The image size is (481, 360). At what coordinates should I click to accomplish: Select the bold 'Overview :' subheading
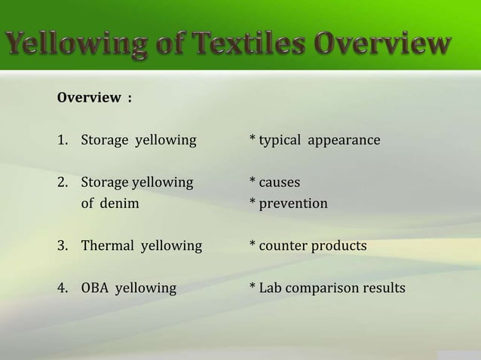pos(94,99)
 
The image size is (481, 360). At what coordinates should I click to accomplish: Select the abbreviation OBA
pos(95,288)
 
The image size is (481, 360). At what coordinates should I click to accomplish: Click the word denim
pos(121,203)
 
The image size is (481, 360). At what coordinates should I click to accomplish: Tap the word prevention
pos(293,204)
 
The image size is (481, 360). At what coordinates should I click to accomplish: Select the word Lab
pos(269,288)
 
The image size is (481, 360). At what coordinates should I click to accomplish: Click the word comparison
pos(323,288)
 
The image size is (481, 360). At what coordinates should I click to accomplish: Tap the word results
pos(384,288)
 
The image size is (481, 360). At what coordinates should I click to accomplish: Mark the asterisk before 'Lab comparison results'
pos(253,287)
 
